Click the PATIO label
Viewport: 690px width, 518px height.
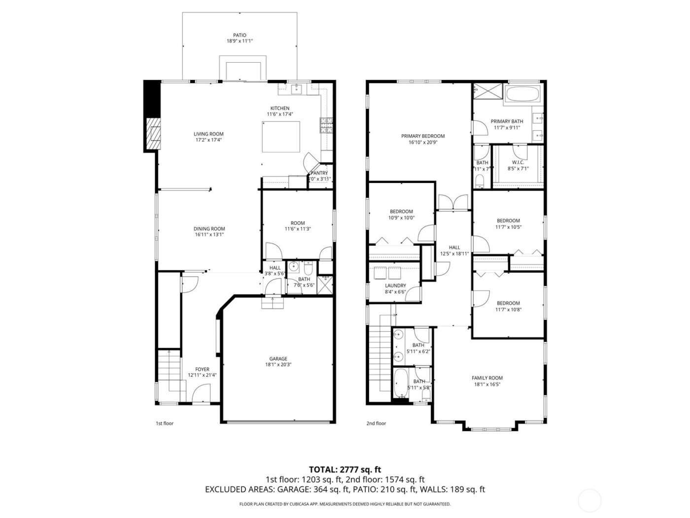coord(240,35)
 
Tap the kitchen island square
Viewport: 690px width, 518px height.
coord(281,137)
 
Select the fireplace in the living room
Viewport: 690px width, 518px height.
coord(155,133)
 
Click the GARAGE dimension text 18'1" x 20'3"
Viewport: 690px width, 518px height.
coord(278,365)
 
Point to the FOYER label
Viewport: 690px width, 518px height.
coord(202,369)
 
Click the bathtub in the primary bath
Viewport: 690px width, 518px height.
coord(522,94)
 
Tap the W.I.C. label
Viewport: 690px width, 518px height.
coord(517,162)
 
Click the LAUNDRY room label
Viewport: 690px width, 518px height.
coord(395,286)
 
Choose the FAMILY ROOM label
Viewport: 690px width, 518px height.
coord(487,378)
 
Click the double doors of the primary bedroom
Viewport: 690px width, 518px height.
coord(452,202)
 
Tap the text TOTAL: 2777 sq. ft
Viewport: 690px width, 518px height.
coord(345,469)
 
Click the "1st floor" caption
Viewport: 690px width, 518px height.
coord(165,423)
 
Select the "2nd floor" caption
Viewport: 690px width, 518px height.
coord(376,423)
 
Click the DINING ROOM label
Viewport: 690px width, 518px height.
coord(209,228)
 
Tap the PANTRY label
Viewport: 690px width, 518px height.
coord(319,173)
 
